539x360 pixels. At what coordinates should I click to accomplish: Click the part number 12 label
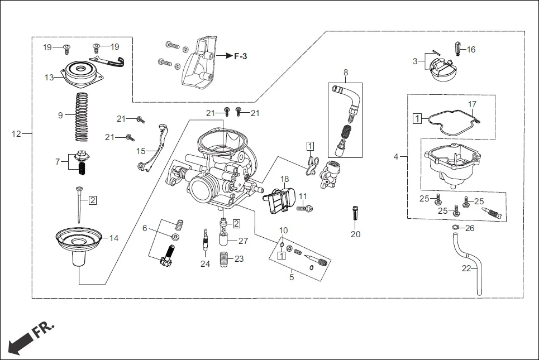[x=16, y=133]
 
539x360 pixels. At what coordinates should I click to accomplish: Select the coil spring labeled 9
[x=82, y=117]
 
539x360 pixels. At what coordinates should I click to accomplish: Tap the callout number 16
[x=471, y=50]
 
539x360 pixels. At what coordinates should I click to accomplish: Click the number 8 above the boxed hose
[x=346, y=73]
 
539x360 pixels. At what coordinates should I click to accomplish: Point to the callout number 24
[x=206, y=263]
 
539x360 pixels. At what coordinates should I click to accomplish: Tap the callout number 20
[x=355, y=234]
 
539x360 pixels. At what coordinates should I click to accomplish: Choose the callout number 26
[x=470, y=228]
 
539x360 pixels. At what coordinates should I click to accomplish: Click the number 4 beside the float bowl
[x=396, y=157]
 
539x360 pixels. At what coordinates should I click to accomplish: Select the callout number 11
[x=303, y=196]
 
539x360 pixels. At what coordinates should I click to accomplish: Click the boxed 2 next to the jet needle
[x=93, y=199]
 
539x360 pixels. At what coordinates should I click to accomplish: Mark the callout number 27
[x=243, y=241]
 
